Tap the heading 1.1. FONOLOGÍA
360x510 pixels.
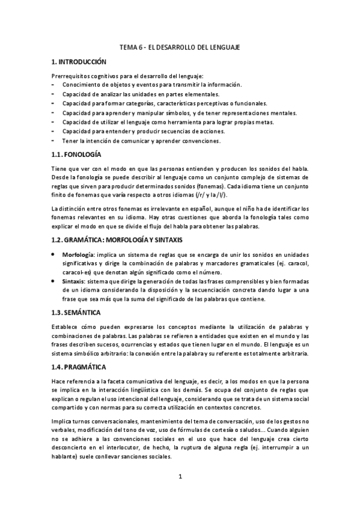pos(75,155)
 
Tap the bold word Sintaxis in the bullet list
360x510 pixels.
pos(73,281)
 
